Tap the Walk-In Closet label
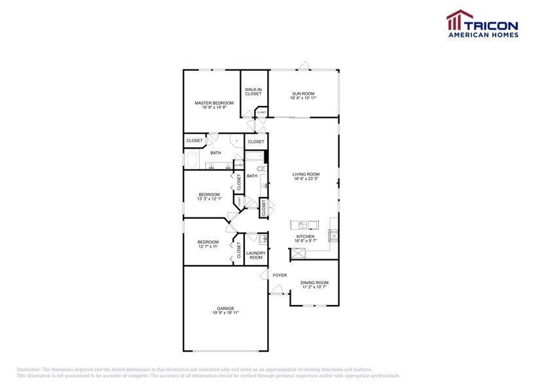(x=253, y=92)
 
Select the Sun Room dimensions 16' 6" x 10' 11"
(x=303, y=98)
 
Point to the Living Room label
(x=306, y=174)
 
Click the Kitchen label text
(x=305, y=236)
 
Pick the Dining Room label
(x=314, y=282)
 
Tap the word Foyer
(x=280, y=275)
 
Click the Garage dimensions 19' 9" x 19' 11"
(x=225, y=313)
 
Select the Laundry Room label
(x=256, y=255)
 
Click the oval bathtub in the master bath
(x=193, y=160)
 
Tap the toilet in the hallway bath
(x=261, y=169)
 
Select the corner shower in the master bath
(x=234, y=140)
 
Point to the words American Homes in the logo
(x=482, y=35)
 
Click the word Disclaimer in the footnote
(x=29, y=369)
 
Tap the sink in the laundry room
(x=262, y=238)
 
